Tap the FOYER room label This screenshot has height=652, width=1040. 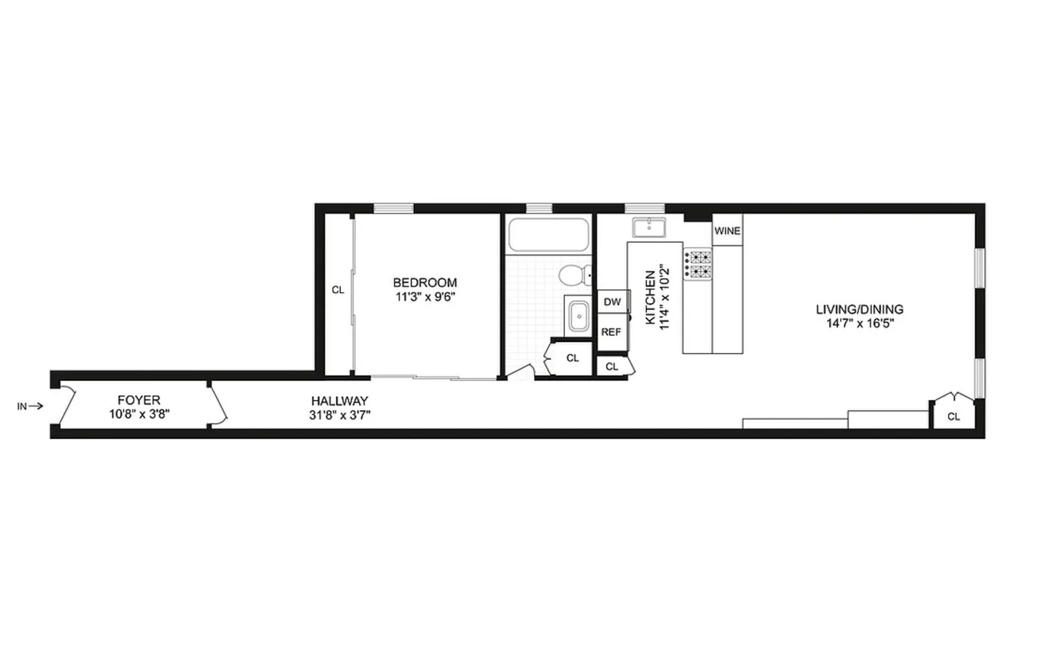[139, 400]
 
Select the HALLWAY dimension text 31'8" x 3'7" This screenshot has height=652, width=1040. [340, 415]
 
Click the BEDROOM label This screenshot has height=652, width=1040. [425, 282]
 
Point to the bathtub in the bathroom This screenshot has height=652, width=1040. [548, 235]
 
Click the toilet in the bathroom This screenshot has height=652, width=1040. [574, 275]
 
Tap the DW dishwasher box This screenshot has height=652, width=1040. [612, 302]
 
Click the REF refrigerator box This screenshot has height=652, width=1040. [611, 332]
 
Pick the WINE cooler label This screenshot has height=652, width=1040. [727, 231]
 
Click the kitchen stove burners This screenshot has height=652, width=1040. [698, 264]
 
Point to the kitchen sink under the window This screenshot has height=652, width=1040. [649, 227]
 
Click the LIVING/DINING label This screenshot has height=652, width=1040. [860, 309]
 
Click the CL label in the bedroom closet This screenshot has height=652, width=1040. [338, 290]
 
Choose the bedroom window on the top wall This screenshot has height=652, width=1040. [394, 208]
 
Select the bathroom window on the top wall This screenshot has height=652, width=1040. [539, 208]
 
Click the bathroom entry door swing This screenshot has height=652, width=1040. [519, 372]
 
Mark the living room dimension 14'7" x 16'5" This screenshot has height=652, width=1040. [860, 323]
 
